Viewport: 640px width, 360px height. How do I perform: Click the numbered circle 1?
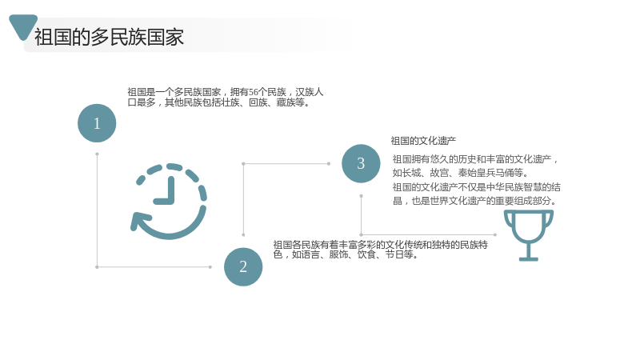coord(97,123)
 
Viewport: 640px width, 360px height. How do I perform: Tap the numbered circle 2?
coord(243,267)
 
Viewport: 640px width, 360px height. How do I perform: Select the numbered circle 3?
coord(361,164)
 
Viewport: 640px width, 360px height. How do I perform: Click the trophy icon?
coord(529,235)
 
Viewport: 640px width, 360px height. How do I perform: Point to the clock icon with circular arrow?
coord(169,202)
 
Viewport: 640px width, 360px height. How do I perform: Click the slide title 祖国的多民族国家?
coord(109,37)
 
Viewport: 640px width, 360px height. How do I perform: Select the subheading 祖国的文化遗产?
coord(423,141)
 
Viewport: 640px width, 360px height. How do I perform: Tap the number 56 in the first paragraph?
coord(254,92)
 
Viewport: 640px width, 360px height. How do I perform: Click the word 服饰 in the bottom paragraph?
coord(338,254)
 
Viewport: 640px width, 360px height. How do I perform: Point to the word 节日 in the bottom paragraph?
coord(394,254)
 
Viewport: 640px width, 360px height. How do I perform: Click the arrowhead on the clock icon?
coord(138,222)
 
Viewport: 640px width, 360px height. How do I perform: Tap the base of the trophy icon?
coord(529,258)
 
